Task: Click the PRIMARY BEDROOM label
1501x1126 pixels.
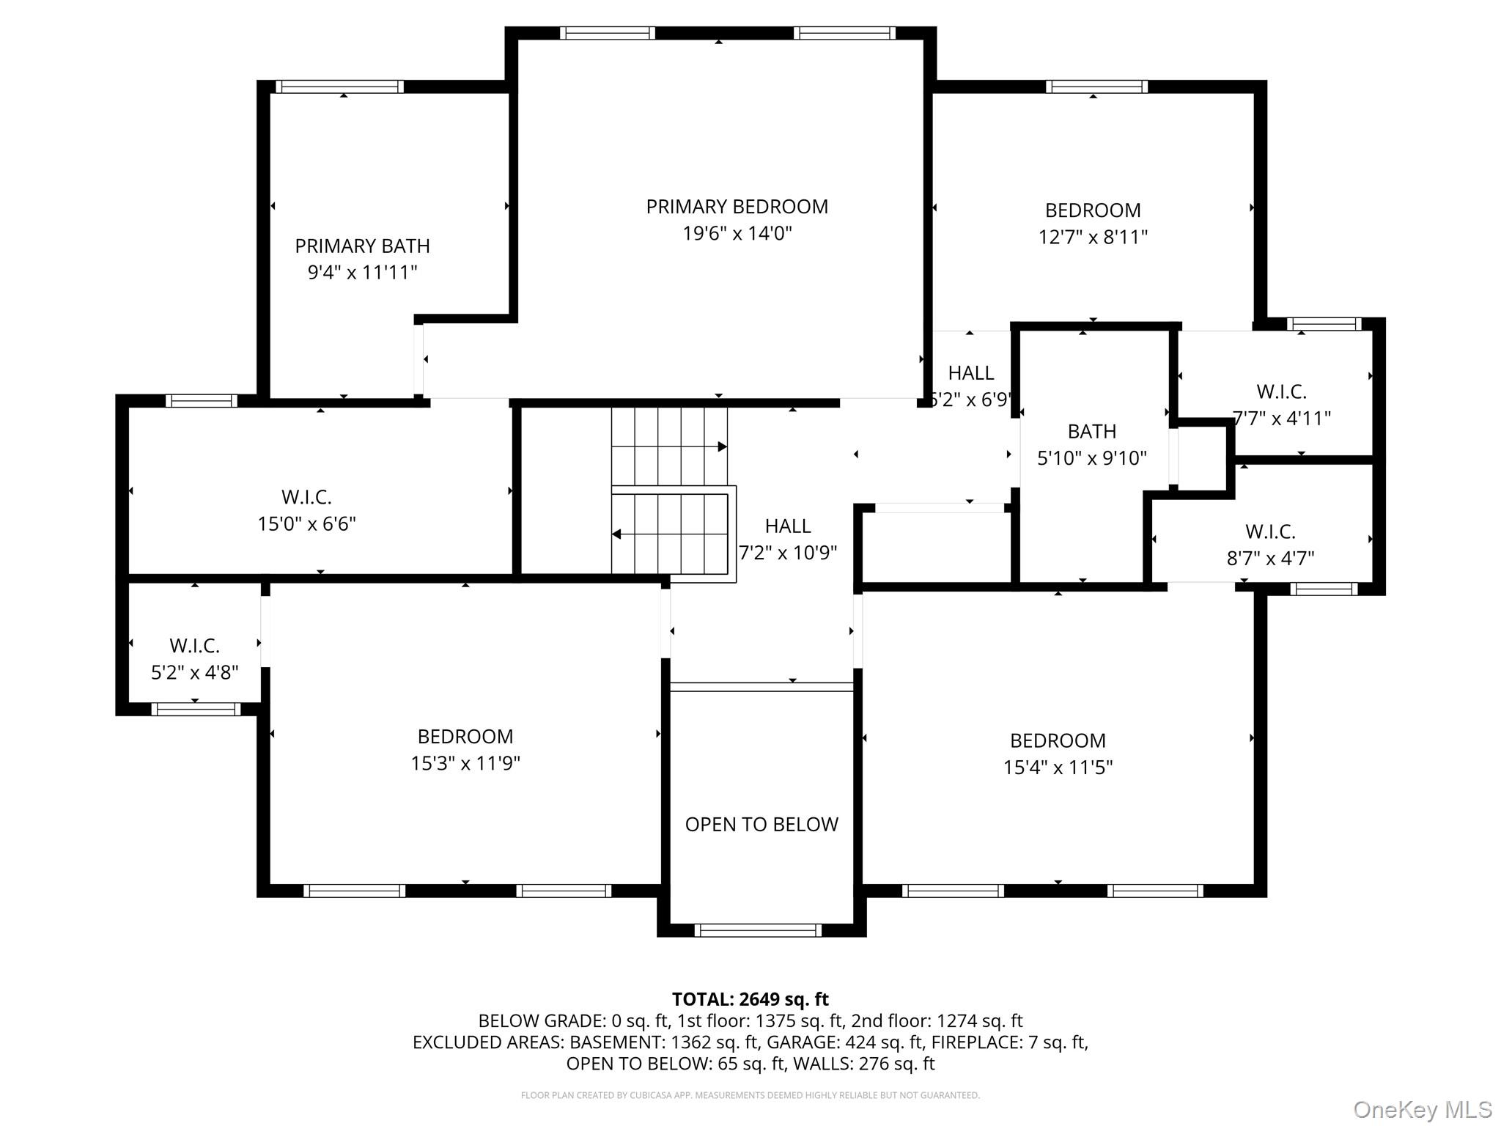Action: pyautogui.click(x=737, y=207)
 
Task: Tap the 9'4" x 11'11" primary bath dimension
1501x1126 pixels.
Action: pyautogui.click(x=362, y=273)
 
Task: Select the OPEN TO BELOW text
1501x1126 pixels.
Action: pyautogui.click(x=761, y=825)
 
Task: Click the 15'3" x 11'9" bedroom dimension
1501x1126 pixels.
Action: pyautogui.click(x=465, y=763)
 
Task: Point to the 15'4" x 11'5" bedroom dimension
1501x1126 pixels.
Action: pyautogui.click(x=1058, y=768)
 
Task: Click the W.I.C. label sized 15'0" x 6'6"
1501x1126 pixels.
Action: pyautogui.click(x=306, y=497)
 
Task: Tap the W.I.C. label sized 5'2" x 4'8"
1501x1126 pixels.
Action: pyautogui.click(x=195, y=646)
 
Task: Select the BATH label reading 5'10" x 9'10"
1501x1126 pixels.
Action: pyautogui.click(x=1091, y=431)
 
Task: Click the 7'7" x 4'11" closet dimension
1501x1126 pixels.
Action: pyautogui.click(x=1281, y=419)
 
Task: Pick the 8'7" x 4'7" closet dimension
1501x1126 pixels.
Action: pyautogui.click(x=1270, y=559)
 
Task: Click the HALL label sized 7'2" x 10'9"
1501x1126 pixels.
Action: pyautogui.click(x=788, y=526)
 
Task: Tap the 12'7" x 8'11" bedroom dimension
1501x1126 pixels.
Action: pyautogui.click(x=1093, y=238)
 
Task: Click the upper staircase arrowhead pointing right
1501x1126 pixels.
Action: pyautogui.click(x=722, y=446)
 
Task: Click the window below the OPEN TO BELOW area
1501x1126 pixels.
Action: pyautogui.click(x=758, y=930)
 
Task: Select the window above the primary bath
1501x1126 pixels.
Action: pyautogui.click(x=339, y=87)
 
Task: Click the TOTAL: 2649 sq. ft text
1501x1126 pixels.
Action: pyautogui.click(x=750, y=999)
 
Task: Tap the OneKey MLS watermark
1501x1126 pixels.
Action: pyautogui.click(x=1422, y=1110)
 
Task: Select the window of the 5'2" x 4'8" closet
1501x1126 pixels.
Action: pyautogui.click(x=196, y=709)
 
